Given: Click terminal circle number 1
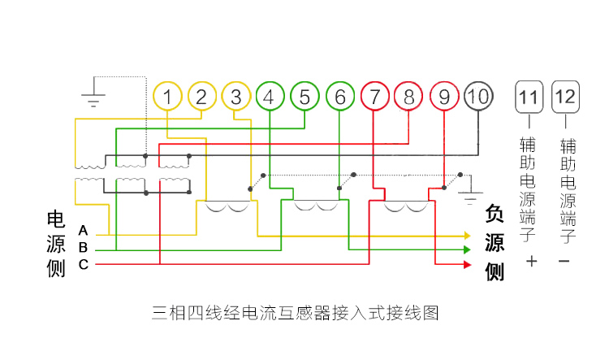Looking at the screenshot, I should [x=166, y=98].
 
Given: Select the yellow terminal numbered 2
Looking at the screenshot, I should [x=201, y=98].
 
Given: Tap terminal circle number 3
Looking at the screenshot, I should [x=235, y=98].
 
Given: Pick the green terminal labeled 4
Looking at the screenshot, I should [x=270, y=98].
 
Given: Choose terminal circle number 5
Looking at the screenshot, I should [x=304, y=98].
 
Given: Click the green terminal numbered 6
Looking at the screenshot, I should [x=339, y=98].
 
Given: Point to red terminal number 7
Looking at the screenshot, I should [x=374, y=98].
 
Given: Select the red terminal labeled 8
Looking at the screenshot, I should [x=408, y=98].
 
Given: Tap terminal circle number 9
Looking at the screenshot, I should [x=444, y=98].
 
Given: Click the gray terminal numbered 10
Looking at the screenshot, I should [x=478, y=97].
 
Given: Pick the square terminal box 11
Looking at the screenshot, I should [x=529, y=98].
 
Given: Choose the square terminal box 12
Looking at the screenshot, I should [x=566, y=98].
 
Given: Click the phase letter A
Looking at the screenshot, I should [x=83, y=231].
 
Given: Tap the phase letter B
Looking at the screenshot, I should [x=83, y=247].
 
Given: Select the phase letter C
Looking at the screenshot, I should [x=83, y=264].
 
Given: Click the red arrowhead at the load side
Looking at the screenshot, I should [x=467, y=264].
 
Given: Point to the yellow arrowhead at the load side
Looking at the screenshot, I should [x=467, y=236].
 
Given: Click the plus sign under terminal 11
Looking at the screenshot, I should [x=532, y=262].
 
